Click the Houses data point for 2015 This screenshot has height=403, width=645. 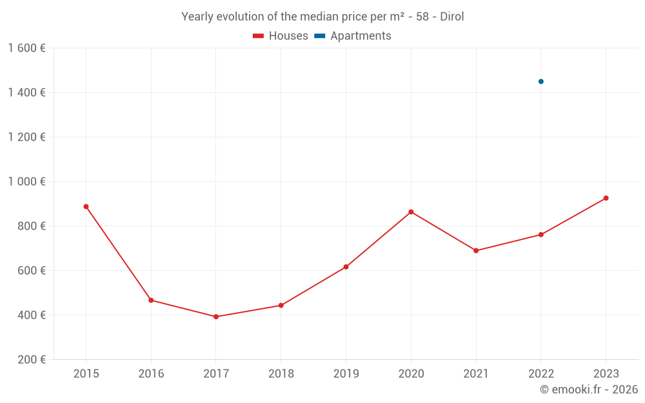(x=86, y=206)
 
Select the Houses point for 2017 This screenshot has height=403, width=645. (x=216, y=317)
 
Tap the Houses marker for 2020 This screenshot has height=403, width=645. (x=411, y=211)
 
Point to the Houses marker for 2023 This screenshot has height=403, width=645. (x=606, y=198)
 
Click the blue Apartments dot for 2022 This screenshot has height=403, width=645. (x=541, y=81)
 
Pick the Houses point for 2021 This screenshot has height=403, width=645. (x=476, y=251)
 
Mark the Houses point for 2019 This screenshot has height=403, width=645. (x=346, y=267)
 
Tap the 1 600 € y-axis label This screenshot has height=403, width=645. (x=26, y=48)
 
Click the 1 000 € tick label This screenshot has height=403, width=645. (x=26, y=182)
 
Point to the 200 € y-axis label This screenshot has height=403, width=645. (x=30, y=360)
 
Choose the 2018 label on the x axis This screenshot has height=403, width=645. (x=281, y=374)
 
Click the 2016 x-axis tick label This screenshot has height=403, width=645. (x=151, y=374)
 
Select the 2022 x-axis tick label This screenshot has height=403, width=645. (x=541, y=374)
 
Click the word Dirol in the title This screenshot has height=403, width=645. (x=451, y=17)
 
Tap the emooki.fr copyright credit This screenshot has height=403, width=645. (x=589, y=389)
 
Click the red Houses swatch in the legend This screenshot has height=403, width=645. (x=259, y=36)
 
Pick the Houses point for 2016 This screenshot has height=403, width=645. (x=151, y=300)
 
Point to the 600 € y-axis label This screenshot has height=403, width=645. (x=30, y=271)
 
